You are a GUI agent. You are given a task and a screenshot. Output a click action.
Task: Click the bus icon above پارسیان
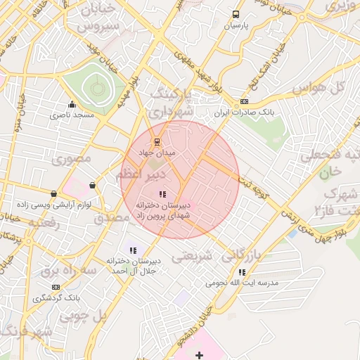(236, 13)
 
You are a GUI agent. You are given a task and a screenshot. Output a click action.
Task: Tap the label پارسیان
(236, 25)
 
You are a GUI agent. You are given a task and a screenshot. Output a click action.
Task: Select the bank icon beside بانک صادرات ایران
(244, 101)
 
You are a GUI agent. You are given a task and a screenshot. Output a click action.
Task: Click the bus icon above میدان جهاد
(156, 141)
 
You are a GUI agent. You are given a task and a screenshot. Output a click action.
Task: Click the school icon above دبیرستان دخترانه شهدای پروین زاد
(162, 194)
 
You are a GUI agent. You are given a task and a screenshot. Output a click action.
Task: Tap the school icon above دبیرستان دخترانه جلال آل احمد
(133, 250)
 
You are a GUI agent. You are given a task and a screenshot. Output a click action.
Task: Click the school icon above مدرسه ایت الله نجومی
(242, 272)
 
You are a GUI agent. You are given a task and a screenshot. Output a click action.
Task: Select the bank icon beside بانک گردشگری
(56, 287)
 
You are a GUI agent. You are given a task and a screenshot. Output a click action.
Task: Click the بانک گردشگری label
(56, 298)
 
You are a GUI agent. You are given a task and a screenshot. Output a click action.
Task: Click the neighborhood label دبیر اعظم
(141, 173)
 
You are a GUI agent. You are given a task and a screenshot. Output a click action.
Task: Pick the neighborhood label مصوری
(71, 159)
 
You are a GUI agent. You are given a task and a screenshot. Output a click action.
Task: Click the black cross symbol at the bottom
(199, 356)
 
